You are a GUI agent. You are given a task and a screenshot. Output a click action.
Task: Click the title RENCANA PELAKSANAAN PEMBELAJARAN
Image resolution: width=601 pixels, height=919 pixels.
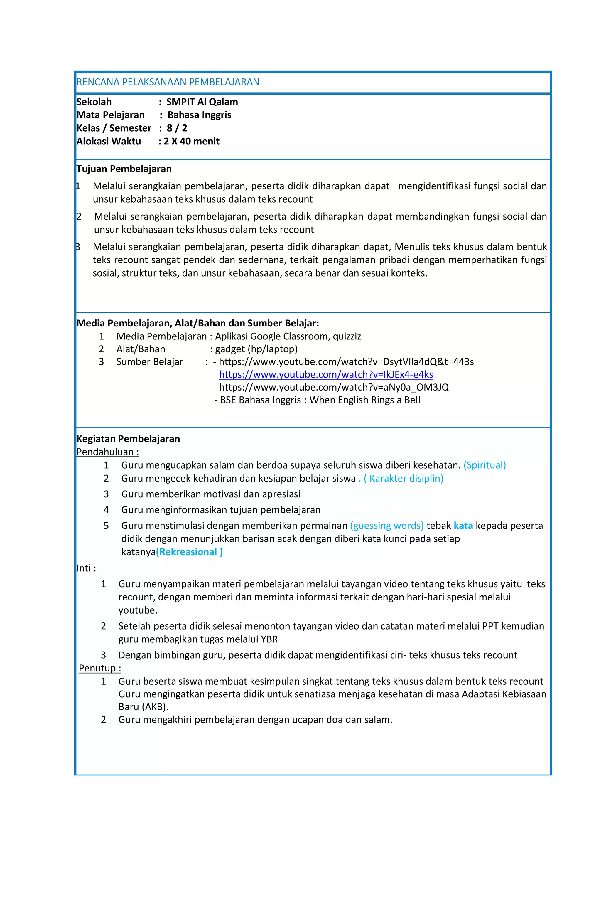tap(168, 82)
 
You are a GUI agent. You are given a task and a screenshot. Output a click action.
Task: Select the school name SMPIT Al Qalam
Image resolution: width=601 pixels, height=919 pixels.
tap(202, 102)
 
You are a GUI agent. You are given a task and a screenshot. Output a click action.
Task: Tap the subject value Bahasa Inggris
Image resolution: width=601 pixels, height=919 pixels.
tap(199, 115)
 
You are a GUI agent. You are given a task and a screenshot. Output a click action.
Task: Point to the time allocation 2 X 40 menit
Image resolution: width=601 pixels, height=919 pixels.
tap(191, 141)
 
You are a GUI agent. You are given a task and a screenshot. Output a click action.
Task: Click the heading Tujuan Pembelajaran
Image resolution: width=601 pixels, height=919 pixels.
tap(124, 169)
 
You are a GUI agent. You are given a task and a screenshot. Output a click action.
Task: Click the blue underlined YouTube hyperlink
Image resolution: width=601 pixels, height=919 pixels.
tap(326, 375)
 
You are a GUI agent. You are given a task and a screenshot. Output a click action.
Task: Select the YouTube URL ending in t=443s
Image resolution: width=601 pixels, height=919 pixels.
tap(346, 362)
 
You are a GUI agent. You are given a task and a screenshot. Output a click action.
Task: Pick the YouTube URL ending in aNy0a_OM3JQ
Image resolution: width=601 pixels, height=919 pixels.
tap(334, 387)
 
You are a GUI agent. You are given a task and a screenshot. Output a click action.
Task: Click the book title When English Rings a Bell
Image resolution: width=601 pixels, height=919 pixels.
tap(364, 400)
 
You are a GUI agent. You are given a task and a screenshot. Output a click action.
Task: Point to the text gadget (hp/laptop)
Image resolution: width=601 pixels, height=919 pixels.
tap(256, 349)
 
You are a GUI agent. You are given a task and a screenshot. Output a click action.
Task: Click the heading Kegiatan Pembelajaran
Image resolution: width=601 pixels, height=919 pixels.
tap(128, 439)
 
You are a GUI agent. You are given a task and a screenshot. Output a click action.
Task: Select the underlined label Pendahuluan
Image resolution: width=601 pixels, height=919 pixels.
tap(107, 452)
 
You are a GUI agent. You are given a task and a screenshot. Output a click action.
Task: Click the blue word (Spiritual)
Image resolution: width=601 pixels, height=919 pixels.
tap(484, 465)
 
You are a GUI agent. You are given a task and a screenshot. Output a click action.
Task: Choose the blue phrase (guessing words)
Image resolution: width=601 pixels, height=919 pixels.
tap(387, 526)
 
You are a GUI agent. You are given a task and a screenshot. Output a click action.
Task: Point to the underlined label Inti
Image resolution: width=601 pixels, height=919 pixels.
tap(86, 568)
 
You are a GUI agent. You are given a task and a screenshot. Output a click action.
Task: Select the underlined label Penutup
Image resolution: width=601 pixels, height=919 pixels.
tap(99, 668)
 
